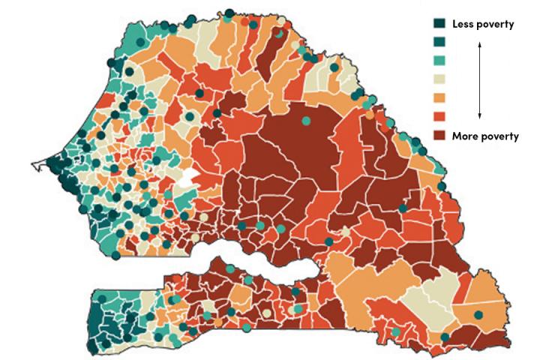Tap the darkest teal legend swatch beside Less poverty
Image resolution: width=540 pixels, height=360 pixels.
[x=441, y=25]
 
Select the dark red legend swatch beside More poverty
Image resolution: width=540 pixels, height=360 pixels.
[x=441, y=136]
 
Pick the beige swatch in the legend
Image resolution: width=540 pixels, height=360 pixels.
[x=441, y=79]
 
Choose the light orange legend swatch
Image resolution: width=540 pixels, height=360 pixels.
[x=441, y=98]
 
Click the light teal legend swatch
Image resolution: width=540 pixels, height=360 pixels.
[x=441, y=61]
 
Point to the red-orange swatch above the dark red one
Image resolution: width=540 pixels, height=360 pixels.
[x=441, y=117]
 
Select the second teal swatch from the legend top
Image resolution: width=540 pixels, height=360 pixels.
[x=441, y=43]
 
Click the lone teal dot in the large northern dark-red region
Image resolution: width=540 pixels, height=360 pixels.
[x=305, y=120]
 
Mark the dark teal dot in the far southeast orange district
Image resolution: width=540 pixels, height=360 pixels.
[x=478, y=314]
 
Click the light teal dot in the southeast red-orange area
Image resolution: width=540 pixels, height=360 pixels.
[x=396, y=331]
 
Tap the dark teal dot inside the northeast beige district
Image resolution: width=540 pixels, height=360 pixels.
[x=334, y=67]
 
